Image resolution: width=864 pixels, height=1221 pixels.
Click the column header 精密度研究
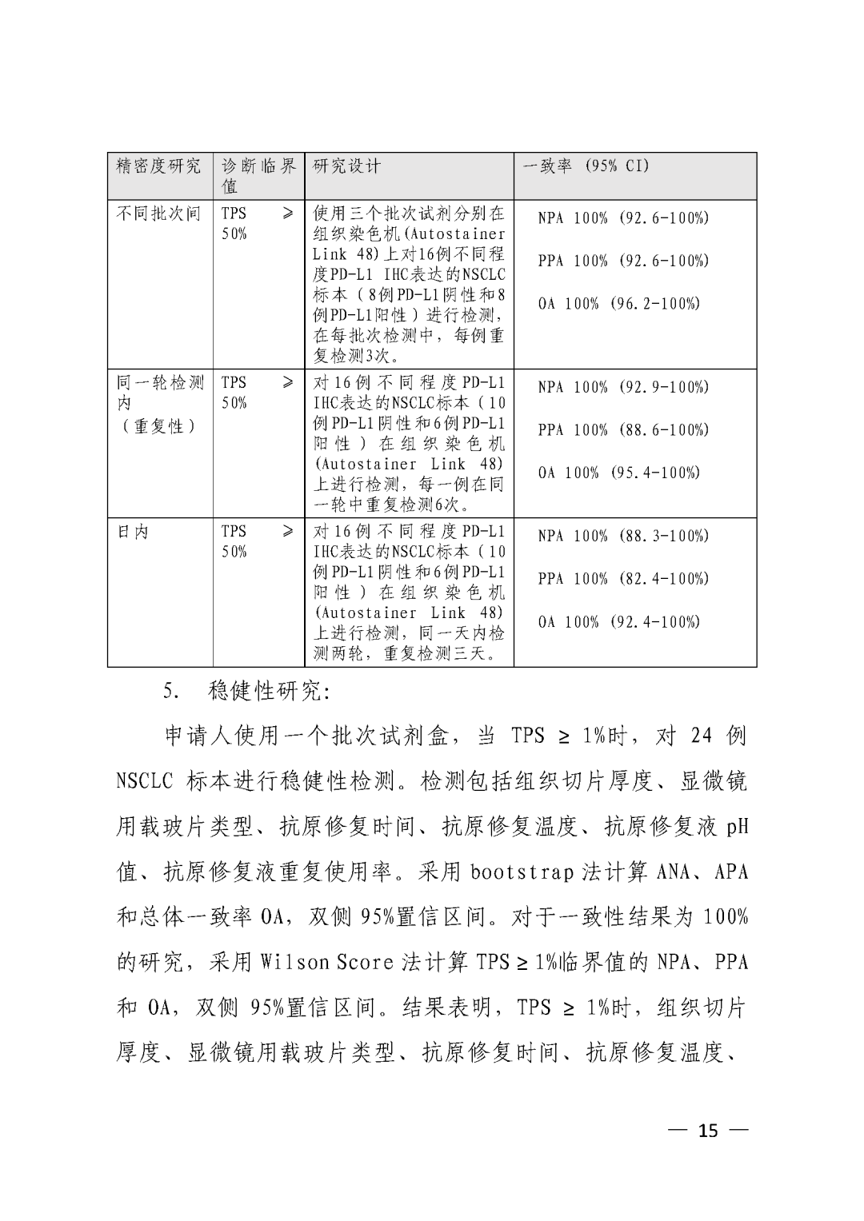(x=158, y=166)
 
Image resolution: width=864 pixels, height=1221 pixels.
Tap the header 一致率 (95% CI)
(x=586, y=166)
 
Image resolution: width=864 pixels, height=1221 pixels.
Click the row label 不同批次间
(x=158, y=213)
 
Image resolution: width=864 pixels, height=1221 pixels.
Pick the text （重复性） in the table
(x=158, y=426)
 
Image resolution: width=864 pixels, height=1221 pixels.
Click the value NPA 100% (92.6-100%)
(x=623, y=217)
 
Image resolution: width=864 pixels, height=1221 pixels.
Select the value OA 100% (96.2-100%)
(x=618, y=303)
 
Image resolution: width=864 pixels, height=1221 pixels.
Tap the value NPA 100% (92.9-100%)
(x=623, y=387)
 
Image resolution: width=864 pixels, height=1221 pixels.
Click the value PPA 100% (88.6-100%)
(x=623, y=429)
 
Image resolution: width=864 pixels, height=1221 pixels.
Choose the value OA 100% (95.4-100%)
(x=618, y=473)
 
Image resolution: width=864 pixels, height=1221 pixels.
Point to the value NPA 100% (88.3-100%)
(x=623, y=536)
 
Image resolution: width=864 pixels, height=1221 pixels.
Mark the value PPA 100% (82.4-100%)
(x=623, y=578)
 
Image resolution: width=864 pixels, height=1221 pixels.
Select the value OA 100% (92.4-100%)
(x=618, y=621)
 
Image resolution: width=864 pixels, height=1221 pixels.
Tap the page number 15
(x=708, y=1131)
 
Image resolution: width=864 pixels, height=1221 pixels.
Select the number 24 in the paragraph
(x=700, y=736)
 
